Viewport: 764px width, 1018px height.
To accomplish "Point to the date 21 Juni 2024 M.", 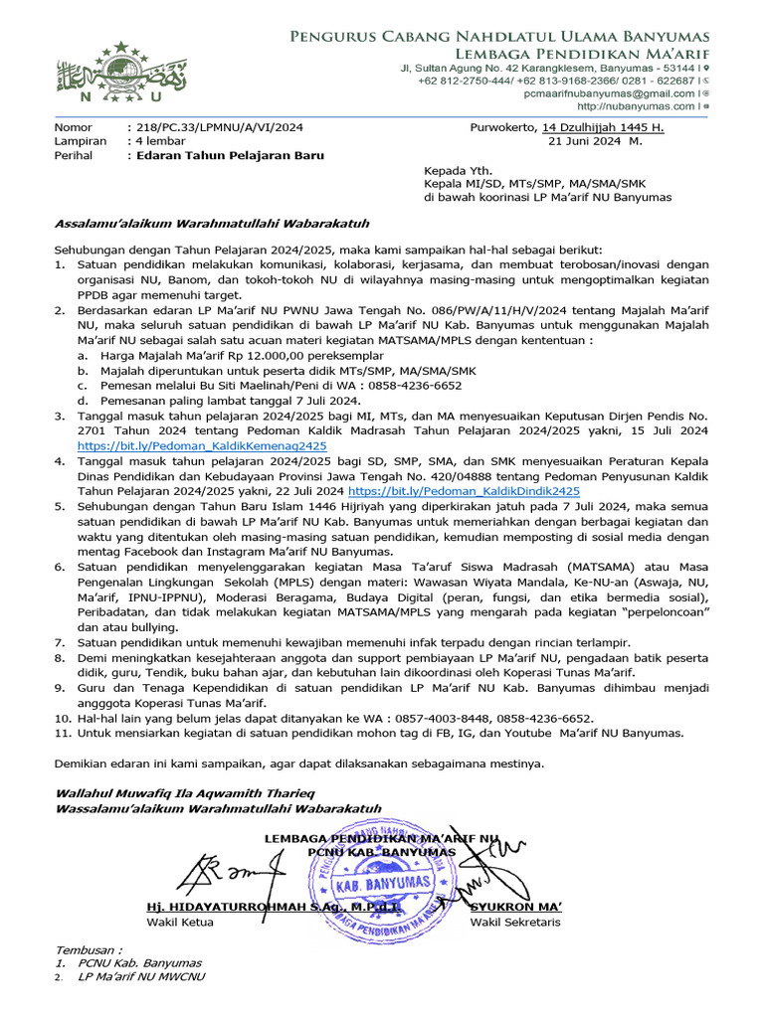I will coord(596,142).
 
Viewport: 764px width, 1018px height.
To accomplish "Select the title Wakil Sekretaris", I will coord(515,923).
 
